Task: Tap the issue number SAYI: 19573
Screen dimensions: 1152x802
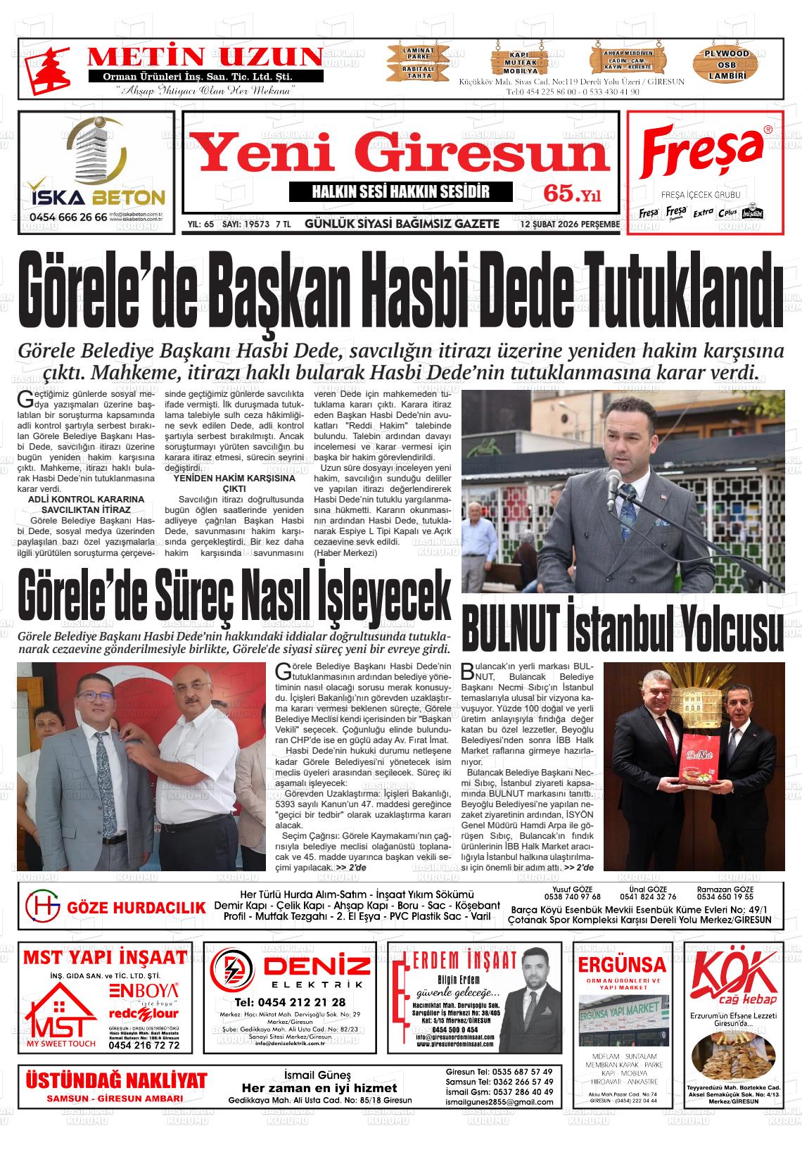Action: (246, 224)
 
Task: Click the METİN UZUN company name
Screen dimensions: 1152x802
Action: (205, 57)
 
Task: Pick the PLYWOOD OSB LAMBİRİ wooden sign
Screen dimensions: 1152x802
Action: (727, 64)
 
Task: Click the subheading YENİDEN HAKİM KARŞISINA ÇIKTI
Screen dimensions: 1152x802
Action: (234, 483)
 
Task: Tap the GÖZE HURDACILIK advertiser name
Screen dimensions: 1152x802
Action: (136, 908)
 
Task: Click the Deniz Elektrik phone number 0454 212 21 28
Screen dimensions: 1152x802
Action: (290, 1002)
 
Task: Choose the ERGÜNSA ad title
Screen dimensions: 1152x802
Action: (621, 963)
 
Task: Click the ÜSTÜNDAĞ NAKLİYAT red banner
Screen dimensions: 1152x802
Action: (116, 1080)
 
